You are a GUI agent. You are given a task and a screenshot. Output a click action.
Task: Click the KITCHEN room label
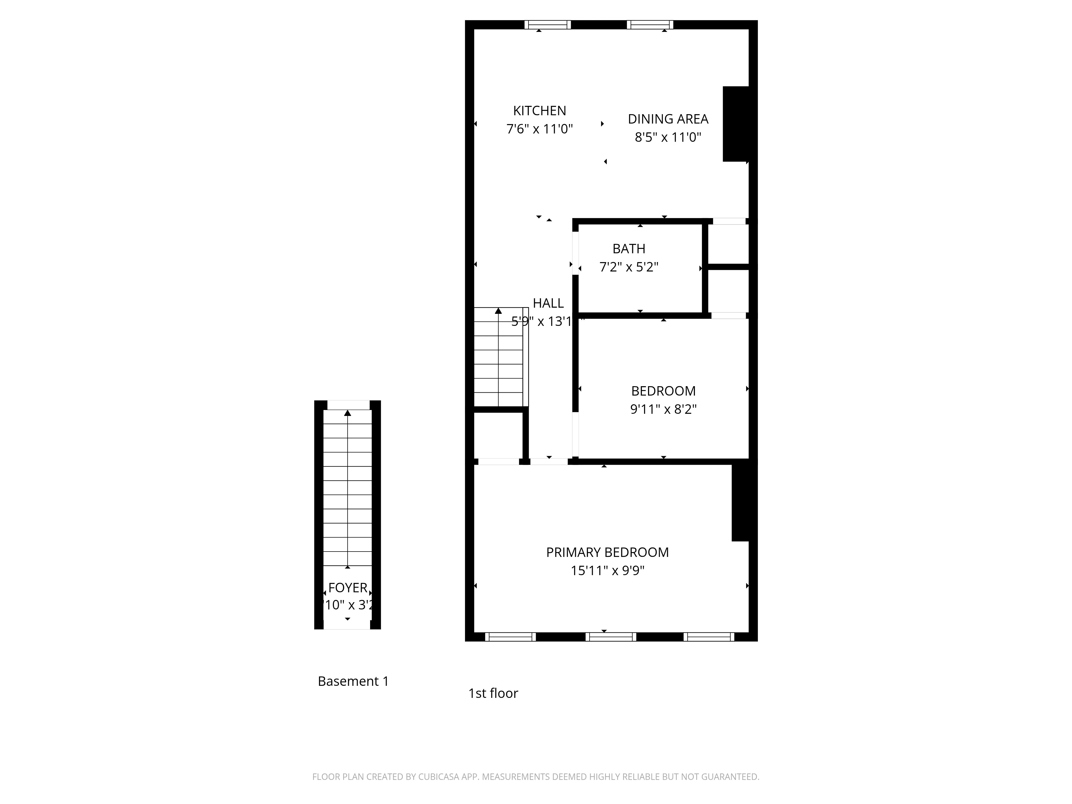click(x=539, y=111)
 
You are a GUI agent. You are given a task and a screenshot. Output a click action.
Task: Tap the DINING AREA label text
click(x=668, y=119)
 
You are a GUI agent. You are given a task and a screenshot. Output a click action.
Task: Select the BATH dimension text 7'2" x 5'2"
click(x=628, y=267)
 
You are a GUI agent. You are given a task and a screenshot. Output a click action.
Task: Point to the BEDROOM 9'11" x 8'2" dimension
click(x=663, y=410)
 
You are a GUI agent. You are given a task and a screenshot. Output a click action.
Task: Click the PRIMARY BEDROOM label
click(x=607, y=552)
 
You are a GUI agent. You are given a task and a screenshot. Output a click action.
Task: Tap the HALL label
click(x=548, y=303)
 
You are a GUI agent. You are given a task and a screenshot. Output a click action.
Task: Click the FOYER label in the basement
click(x=348, y=588)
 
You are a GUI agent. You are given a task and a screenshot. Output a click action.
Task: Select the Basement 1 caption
click(x=353, y=681)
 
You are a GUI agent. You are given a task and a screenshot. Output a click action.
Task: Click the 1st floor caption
click(x=493, y=694)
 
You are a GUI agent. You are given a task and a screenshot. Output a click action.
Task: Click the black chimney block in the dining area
click(x=736, y=124)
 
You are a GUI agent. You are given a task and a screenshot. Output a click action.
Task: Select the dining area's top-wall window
click(x=650, y=25)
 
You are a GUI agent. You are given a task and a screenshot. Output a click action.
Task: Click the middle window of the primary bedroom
click(x=611, y=637)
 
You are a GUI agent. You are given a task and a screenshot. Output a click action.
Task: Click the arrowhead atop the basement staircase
click(x=348, y=413)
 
